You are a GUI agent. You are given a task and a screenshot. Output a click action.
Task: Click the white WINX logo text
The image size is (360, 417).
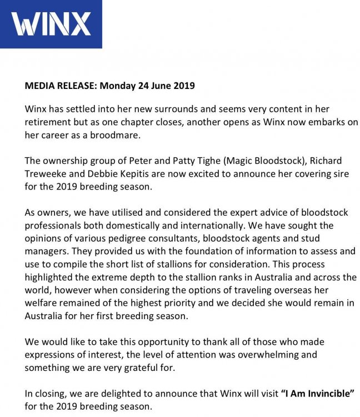[x=51, y=24]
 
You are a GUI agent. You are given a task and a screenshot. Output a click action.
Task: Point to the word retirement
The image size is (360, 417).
[x=48, y=122]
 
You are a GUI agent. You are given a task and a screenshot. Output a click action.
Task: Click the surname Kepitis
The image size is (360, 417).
[x=133, y=174]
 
